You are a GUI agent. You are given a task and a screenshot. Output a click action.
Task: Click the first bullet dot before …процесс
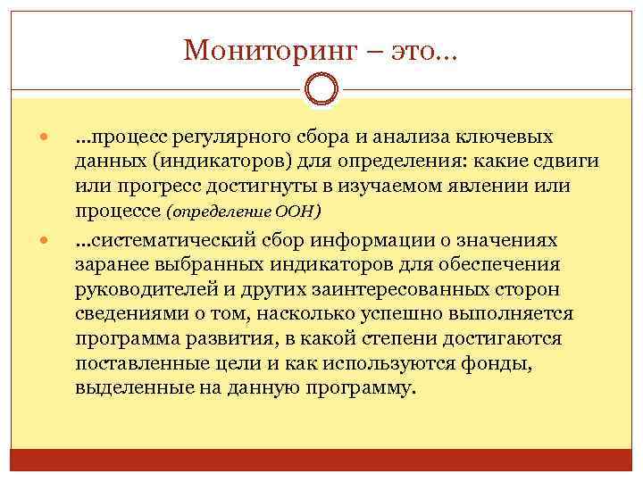(x=44, y=138)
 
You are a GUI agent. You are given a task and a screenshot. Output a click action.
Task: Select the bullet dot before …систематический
(x=44, y=242)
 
